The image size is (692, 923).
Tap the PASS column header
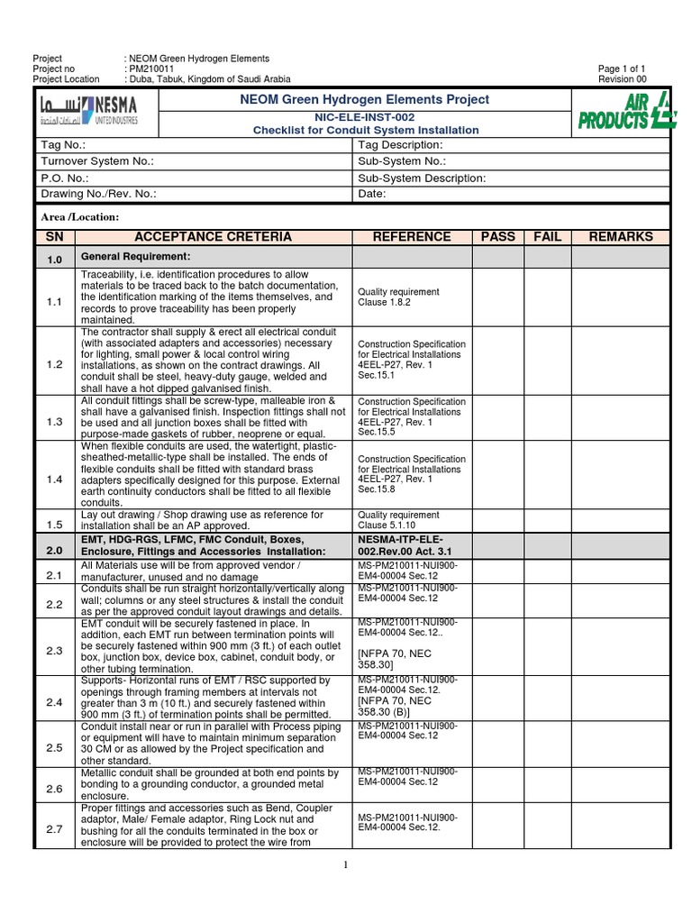tap(498, 237)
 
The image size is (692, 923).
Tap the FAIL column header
tap(547, 237)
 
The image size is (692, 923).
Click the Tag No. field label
tap(63, 145)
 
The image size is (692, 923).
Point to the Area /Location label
tap(80, 217)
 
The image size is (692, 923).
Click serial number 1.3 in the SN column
tap(55, 422)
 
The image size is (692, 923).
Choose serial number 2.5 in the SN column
tap(55, 748)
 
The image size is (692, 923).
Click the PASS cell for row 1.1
tap(498, 298)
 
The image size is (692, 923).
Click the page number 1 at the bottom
tap(345, 866)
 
